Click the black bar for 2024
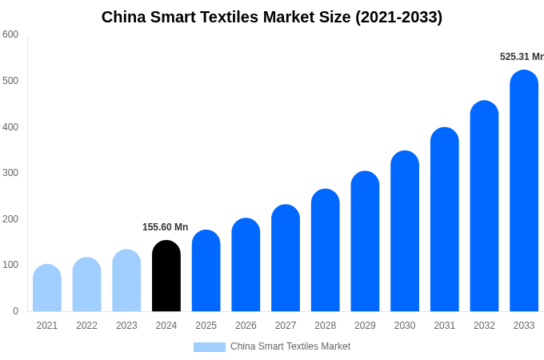(166, 276)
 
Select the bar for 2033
(524, 191)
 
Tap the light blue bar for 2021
(47, 288)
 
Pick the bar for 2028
(325, 250)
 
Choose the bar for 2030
(405, 231)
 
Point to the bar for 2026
(246, 265)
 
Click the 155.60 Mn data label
(165, 227)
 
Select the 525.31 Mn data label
(521, 57)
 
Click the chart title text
(271, 17)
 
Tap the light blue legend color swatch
(210, 347)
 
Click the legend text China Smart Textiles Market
(290, 346)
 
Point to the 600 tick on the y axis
(10, 34)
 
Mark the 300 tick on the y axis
(10, 173)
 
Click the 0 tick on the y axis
(15, 311)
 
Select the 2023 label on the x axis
(126, 326)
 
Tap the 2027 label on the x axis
(286, 326)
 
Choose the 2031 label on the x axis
(445, 326)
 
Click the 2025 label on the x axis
(206, 326)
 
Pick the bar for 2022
(86, 285)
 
